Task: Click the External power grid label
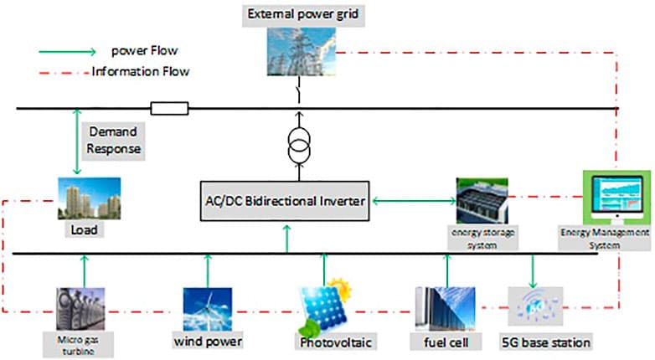point(298,15)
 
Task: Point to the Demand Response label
point(113,140)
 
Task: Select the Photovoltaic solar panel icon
point(325,308)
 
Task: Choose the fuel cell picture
point(445,310)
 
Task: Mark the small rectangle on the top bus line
point(169,108)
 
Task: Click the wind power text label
point(208,342)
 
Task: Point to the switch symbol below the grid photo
point(298,91)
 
